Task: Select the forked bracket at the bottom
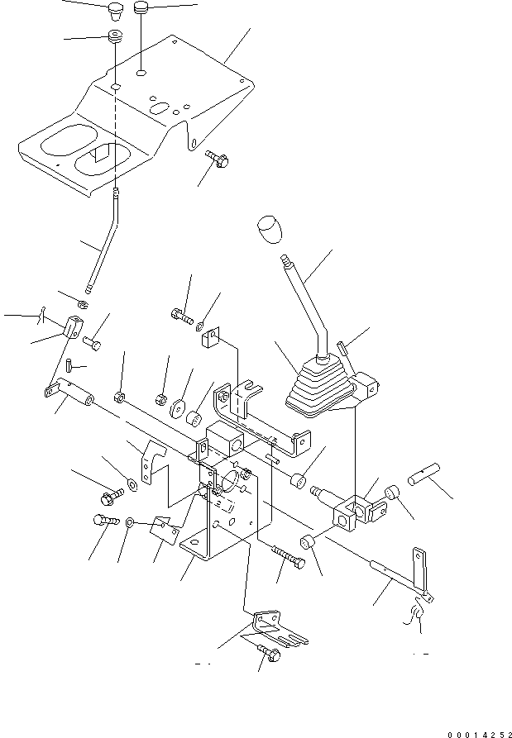point(277,627)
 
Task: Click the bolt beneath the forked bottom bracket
point(270,655)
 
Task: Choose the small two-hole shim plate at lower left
point(164,528)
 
